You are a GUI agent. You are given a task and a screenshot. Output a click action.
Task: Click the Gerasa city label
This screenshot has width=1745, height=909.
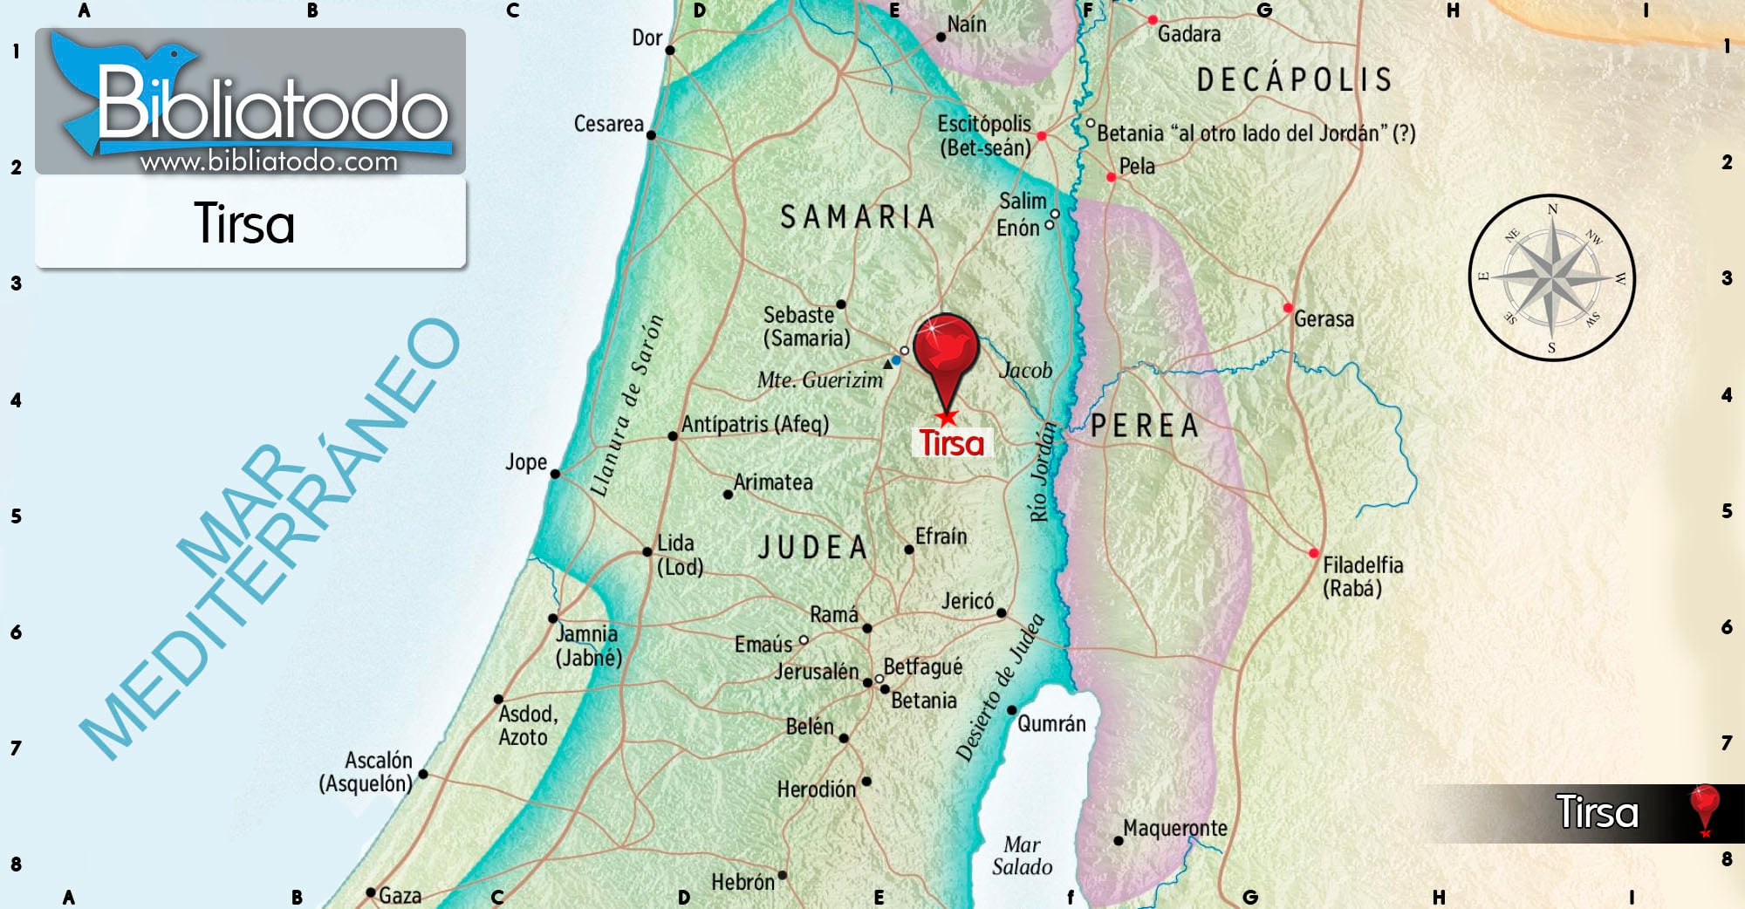pos(1324,319)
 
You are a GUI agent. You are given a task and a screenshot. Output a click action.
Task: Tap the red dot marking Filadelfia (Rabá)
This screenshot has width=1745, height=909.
pos(1313,553)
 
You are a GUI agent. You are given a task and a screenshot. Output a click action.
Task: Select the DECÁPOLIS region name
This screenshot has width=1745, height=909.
pos(1294,80)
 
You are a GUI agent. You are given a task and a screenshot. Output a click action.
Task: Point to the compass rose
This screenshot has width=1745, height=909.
pos(1551,277)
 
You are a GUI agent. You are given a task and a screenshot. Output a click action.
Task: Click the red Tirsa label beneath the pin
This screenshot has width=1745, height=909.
pos(951,443)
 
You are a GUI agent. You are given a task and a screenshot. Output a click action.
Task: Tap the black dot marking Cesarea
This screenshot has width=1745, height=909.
pos(651,135)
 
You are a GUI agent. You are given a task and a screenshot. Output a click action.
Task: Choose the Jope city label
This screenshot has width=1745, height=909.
pos(526,462)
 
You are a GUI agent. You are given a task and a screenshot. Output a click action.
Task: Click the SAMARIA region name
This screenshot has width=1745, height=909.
pos(857,217)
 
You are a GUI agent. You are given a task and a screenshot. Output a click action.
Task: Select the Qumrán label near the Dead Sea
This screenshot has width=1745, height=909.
pos(1051,724)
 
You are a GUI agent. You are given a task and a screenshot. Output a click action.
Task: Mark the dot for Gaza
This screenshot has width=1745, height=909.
pos(371,892)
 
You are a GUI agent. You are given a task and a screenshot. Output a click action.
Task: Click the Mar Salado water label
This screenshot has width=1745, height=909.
pos(1022,856)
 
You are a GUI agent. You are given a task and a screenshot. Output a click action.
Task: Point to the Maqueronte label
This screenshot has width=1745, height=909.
pos(1174,828)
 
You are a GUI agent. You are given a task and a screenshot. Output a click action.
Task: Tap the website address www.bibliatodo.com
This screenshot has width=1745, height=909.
pos(269,161)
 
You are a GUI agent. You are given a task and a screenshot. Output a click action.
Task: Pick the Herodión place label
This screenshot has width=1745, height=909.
pos(817,789)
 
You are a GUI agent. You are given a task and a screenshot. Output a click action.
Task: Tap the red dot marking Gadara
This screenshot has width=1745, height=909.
pos(1153,20)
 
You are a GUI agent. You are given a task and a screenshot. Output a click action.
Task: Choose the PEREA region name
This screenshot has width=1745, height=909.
pos(1145,426)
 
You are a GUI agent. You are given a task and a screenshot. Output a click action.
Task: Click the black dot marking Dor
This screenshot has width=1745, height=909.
pos(670,50)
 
